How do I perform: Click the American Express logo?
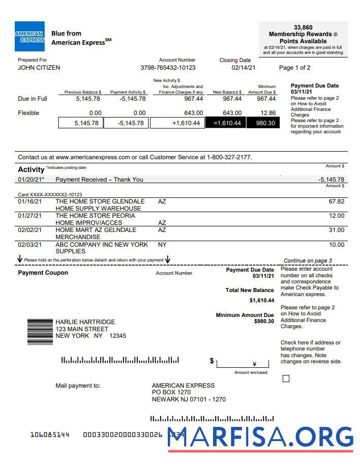click(x=29, y=37)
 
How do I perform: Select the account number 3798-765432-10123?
click(x=168, y=68)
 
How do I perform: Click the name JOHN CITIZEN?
click(x=39, y=68)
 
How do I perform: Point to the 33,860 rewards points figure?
click(x=303, y=27)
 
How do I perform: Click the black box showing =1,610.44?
click(x=225, y=123)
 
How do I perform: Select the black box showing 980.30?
click(x=263, y=123)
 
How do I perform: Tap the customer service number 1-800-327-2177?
click(x=229, y=157)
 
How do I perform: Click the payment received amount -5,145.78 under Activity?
click(x=331, y=180)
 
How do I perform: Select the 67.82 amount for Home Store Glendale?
click(x=336, y=201)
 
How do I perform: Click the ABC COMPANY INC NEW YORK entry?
click(x=102, y=245)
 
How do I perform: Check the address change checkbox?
click(x=286, y=379)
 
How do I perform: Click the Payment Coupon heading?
click(x=43, y=273)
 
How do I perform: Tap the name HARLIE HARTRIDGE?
click(x=85, y=322)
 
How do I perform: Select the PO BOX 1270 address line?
click(x=171, y=392)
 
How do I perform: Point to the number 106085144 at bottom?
click(x=50, y=435)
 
